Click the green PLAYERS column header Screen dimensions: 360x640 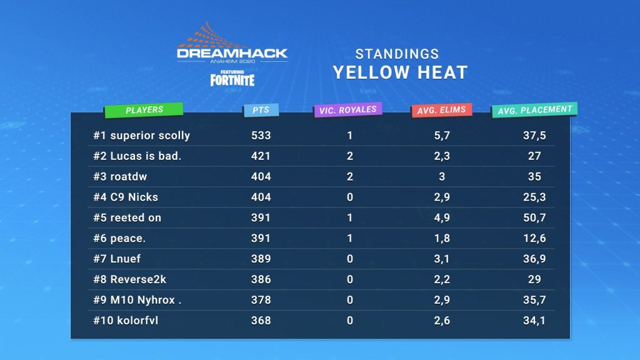click(144, 110)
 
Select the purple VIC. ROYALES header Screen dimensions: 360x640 click(347, 110)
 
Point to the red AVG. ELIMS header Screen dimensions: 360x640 click(441, 111)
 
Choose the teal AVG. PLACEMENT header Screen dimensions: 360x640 click(534, 110)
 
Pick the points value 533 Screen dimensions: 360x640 click(261, 135)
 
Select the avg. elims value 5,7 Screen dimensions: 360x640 click(441, 135)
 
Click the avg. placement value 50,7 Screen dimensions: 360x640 click(534, 217)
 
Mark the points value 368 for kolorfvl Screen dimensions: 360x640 click(261, 321)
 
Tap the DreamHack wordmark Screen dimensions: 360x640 click(232, 54)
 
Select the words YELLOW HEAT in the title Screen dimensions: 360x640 click(400, 72)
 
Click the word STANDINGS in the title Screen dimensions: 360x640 click(397, 54)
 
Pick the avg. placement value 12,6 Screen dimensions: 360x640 click(534, 238)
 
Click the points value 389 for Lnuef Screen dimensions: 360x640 click(261, 259)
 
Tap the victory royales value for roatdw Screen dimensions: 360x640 click(350, 176)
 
